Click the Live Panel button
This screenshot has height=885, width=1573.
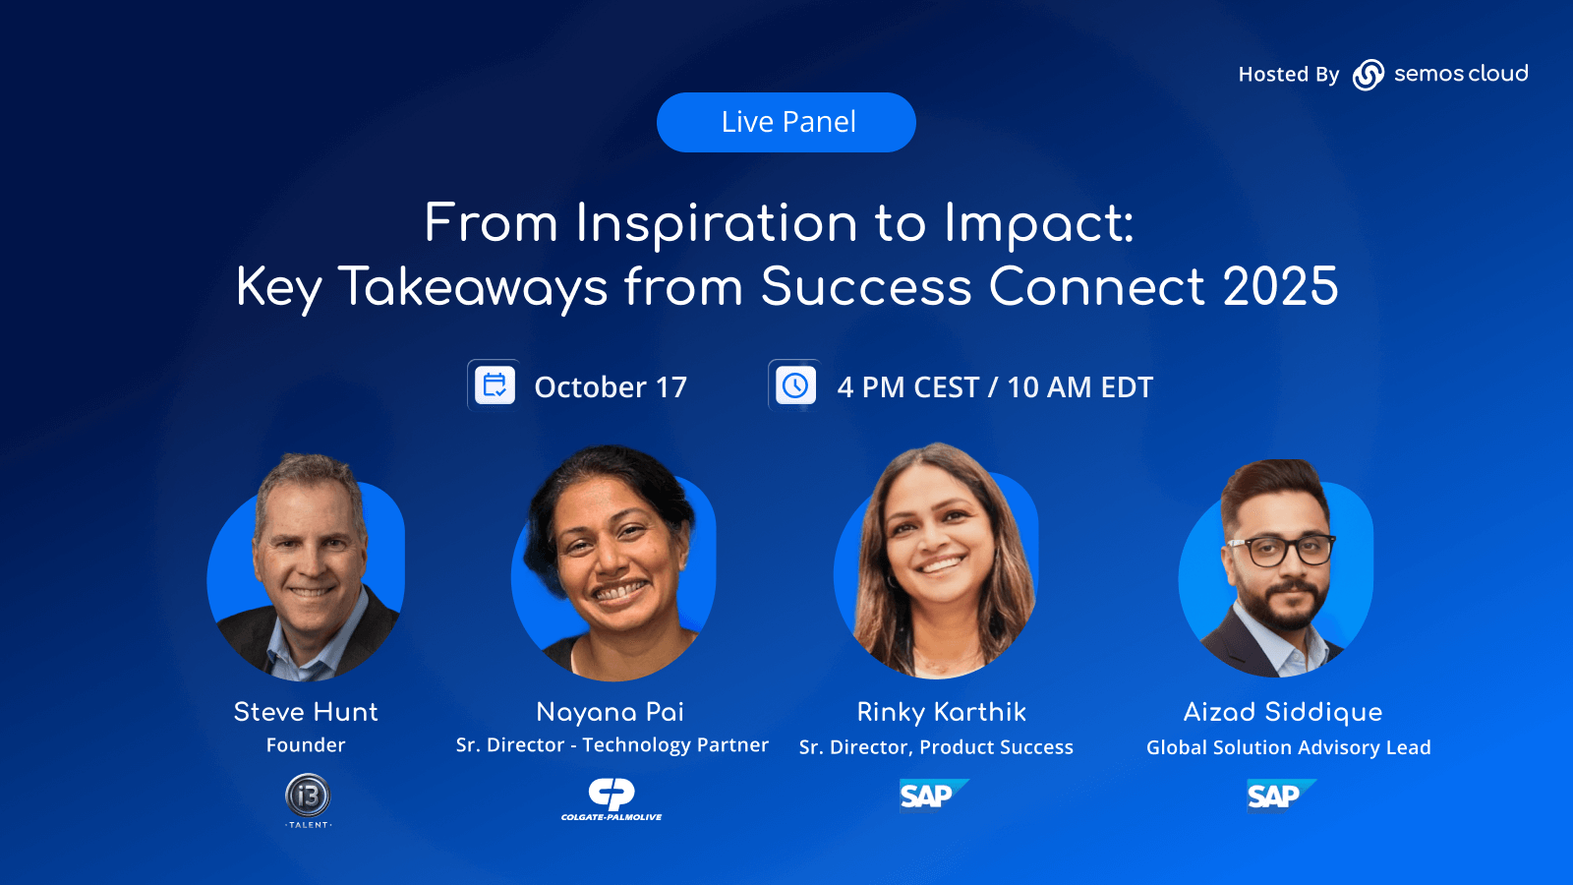[786, 122]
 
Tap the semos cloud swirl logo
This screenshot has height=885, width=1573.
[1368, 75]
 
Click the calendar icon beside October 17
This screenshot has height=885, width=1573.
[495, 385]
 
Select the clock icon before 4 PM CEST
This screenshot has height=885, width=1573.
[795, 385]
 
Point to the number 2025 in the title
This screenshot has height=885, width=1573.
[1280, 286]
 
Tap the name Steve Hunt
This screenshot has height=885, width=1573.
[306, 712]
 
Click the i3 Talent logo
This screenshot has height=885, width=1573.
[309, 801]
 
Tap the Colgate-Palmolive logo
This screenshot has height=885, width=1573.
[611, 799]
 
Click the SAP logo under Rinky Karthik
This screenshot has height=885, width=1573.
[934, 796]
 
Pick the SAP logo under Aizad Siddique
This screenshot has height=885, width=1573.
[1282, 796]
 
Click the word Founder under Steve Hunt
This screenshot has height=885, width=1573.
[306, 745]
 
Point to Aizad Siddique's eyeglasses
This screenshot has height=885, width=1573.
[1281, 551]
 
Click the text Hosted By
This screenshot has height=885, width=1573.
[1289, 75]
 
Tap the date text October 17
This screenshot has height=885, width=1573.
[611, 387]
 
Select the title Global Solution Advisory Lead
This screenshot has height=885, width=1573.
[1289, 748]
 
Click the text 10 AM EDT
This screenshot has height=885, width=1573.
[1080, 387]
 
